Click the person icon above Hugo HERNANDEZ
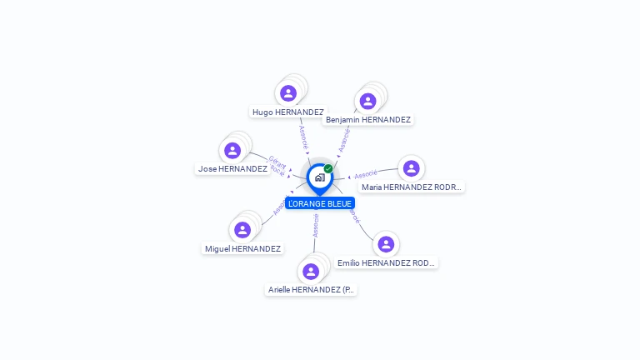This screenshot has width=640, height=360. [x=288, y=93]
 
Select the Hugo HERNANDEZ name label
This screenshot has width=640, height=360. [x=288, y=112]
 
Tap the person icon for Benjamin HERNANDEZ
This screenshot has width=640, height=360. [x=367, y=102]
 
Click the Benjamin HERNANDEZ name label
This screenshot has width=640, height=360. [x=368, y=120]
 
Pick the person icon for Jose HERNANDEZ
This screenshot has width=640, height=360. [x=232, y=151]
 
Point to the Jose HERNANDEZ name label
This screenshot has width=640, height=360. [x=232, y=168]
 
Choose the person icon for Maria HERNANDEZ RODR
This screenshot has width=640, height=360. [x=411, y=168]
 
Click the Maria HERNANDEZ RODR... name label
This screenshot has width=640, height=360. [x=411, y=187]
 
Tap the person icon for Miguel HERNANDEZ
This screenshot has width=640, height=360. [x=242, y=230]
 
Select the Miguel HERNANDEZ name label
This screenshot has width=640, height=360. [x=243, y=248]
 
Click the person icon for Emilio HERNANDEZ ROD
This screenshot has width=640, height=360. [x=386, y=244]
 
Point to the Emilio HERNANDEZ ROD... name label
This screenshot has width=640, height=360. [x=386, y=263]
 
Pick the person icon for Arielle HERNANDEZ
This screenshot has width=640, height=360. [x=311, y=272]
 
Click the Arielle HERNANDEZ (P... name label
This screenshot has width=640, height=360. [x=312, y=290]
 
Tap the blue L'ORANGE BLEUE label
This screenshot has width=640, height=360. [x=320, y=203]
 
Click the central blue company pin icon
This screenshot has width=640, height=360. [x=319, y=177]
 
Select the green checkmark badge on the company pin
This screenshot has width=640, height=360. [x=328, y=169]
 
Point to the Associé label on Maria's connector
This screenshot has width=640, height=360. [x=367, y=175]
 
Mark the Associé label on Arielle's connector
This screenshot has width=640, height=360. [x=316, y=225]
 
